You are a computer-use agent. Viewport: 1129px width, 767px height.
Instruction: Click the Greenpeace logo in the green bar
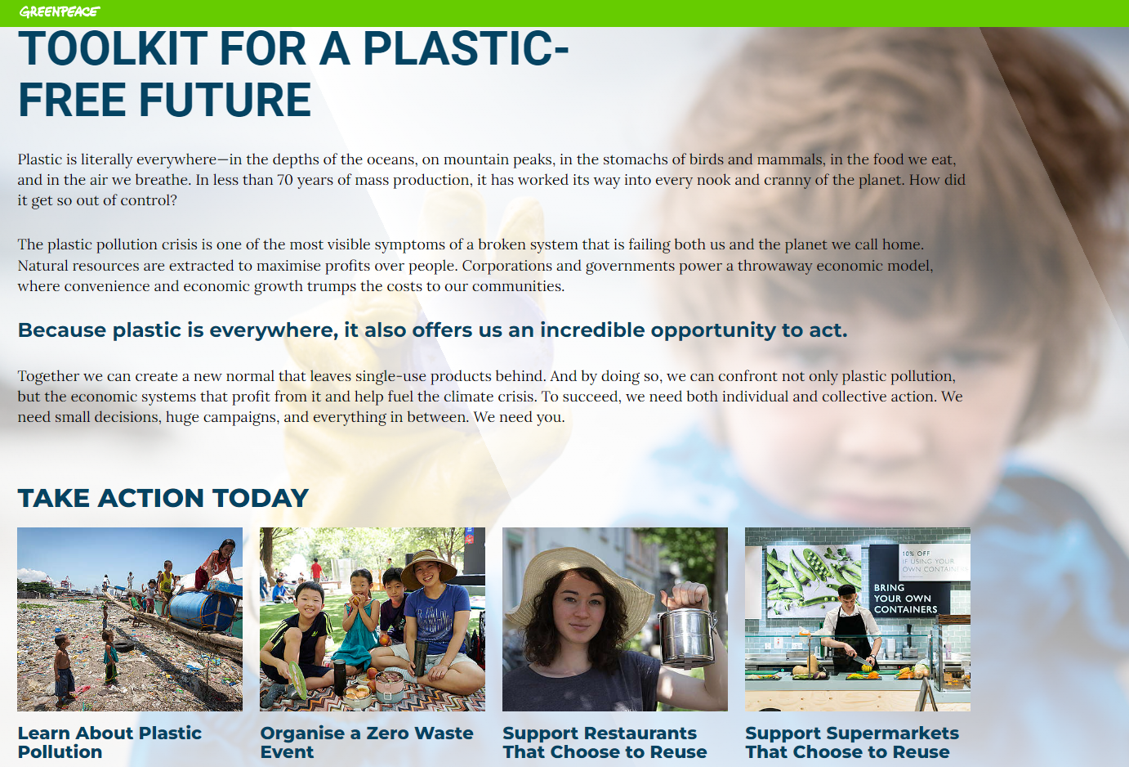coord(60,11)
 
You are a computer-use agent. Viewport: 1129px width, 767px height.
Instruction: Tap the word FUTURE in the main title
coord(225,100)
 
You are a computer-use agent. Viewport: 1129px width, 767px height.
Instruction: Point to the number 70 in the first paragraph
coord(285,180)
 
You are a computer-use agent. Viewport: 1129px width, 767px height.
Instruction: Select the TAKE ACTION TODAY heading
coord(163,498)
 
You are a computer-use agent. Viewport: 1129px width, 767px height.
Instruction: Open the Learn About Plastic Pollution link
coord(109,742)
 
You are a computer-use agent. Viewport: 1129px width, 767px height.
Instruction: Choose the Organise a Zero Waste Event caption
coord(367,742)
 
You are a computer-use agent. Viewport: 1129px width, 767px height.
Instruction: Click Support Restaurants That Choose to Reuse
coord(605,742)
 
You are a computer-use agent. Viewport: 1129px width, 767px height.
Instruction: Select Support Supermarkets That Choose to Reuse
coord(852,742)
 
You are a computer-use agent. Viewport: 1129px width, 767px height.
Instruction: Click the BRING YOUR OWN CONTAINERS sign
coord(905,599)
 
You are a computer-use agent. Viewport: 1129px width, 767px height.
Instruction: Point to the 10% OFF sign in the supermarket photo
coord(934,561)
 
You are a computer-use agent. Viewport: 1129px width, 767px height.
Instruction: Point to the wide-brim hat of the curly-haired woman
coord(580,581)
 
